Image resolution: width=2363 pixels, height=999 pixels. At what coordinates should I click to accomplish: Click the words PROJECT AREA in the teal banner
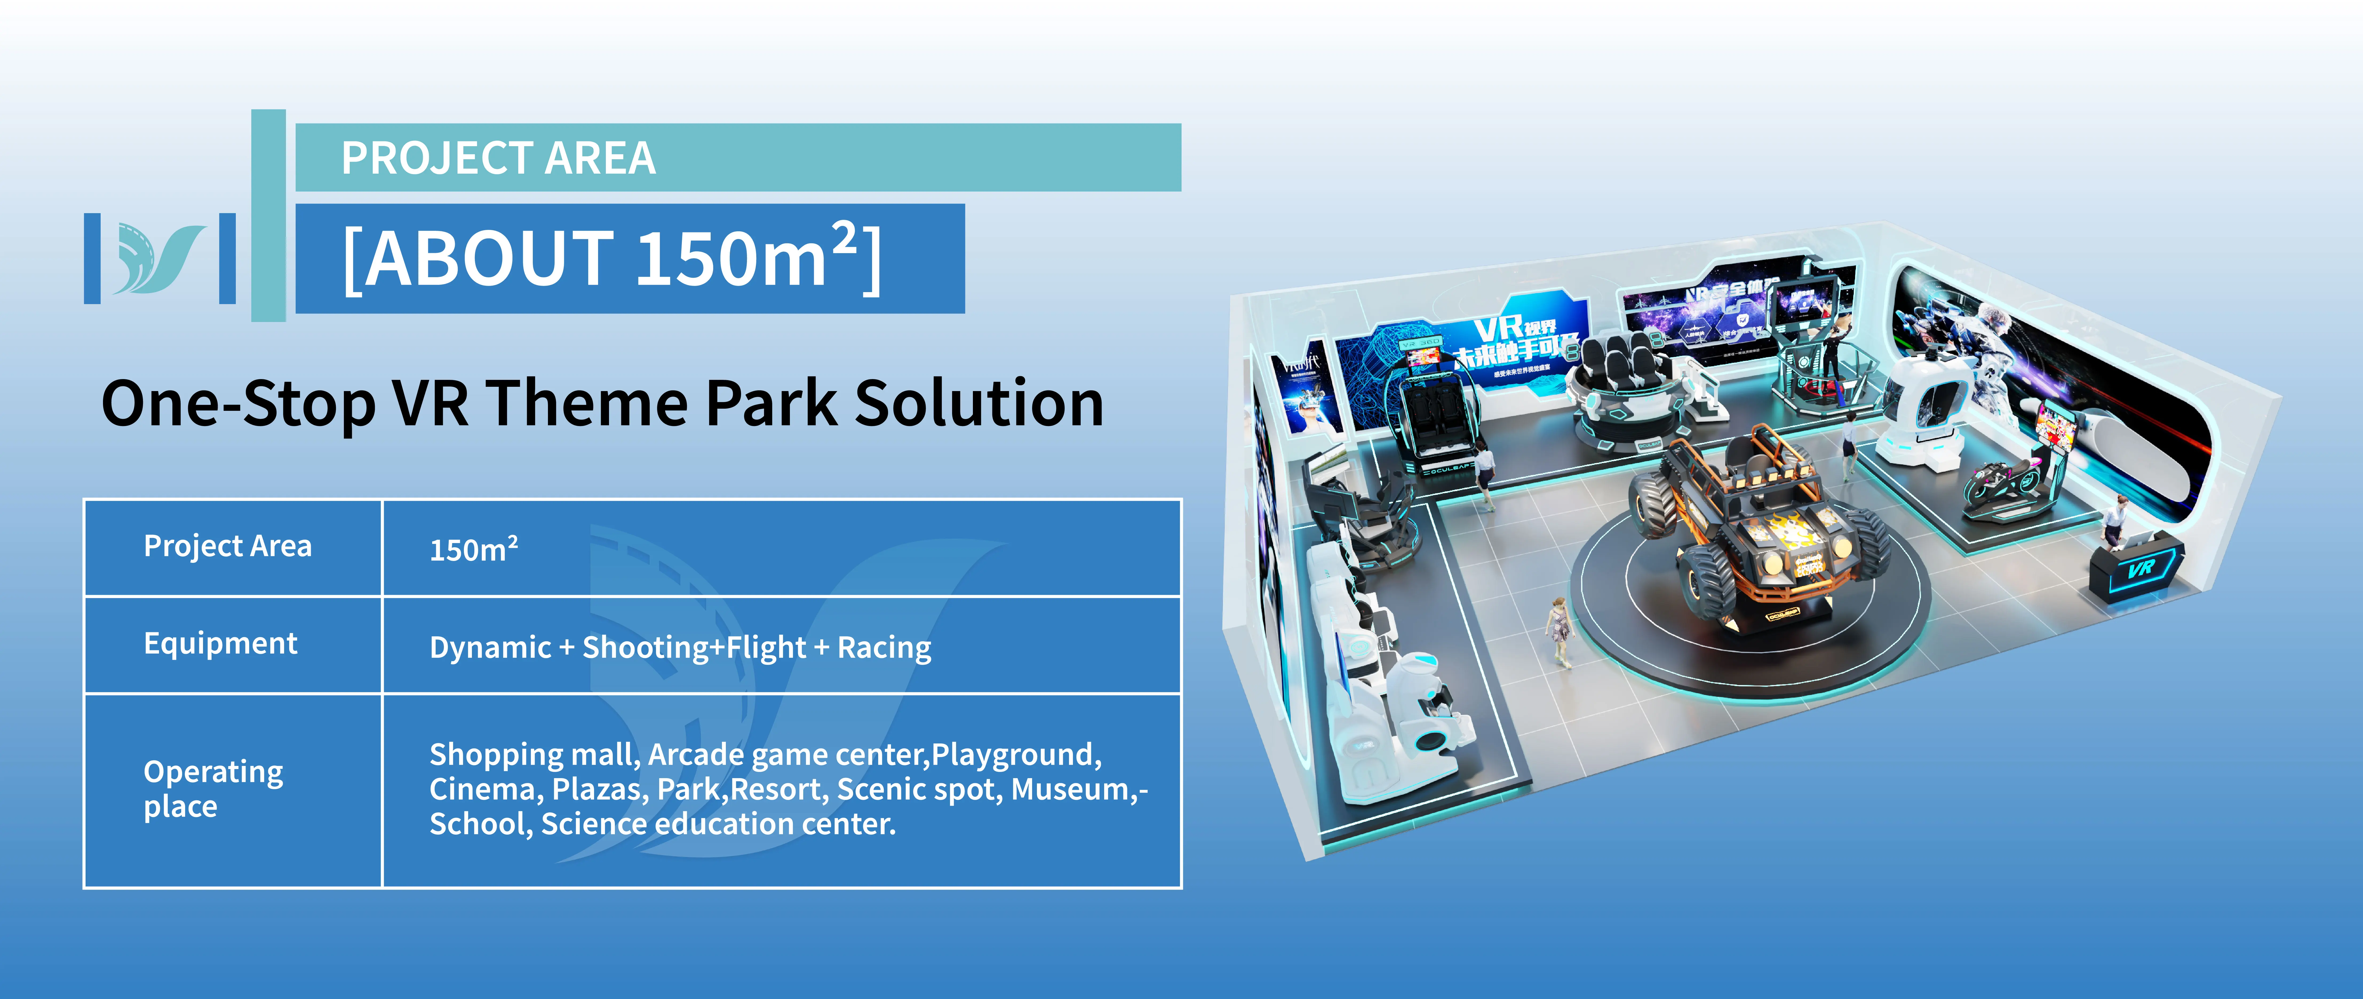(x=498, y=158)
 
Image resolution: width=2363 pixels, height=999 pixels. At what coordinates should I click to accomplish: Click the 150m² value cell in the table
(x=473, y=550)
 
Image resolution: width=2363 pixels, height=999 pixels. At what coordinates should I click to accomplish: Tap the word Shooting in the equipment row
(x=647, y=648)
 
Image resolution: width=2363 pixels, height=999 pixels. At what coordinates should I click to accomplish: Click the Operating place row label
(x=213, y=789)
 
